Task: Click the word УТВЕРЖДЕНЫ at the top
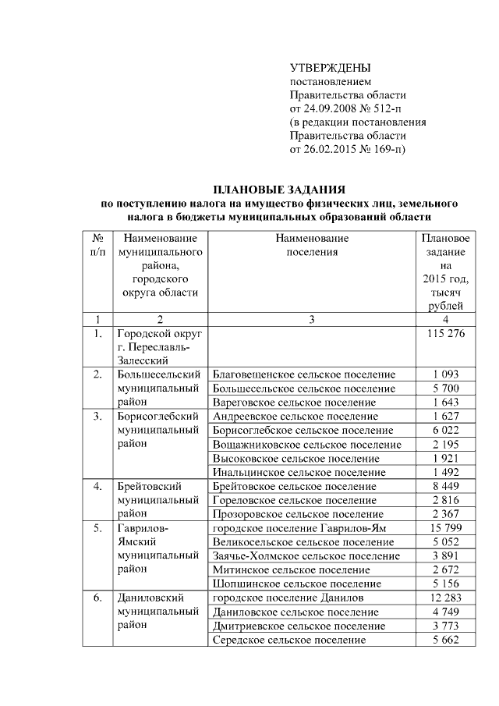click(330, 68)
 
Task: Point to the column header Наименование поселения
click(311, 245)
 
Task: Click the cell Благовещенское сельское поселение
click(303, 374)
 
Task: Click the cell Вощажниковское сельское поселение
click(306, 444)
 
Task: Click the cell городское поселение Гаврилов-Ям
click(299, 529)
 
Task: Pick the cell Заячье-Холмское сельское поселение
click(306, 556)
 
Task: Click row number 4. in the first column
click(98, 486)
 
